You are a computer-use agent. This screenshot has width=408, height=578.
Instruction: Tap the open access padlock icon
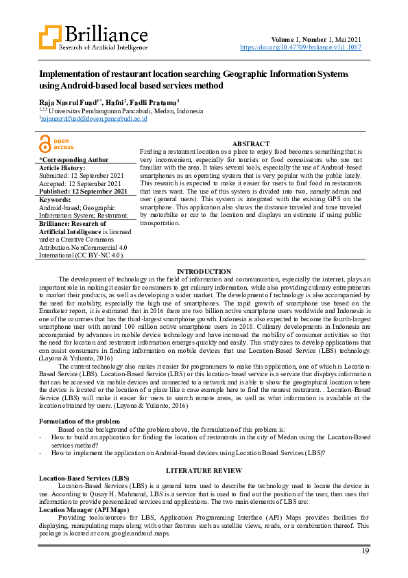click(45, 143)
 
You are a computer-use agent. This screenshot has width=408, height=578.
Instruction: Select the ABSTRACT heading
click(252, 143)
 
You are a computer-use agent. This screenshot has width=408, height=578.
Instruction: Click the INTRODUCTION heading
click(204, 272)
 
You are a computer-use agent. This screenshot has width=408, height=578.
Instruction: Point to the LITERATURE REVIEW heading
click(204, 470)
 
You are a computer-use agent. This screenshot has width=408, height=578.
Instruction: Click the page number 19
click(365, 551)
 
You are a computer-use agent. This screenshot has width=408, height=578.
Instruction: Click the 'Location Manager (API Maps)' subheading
click(84, 510)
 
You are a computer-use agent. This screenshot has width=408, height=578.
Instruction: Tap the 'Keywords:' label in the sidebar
click(55, 198)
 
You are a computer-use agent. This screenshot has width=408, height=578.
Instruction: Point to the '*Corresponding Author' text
click(74, 159)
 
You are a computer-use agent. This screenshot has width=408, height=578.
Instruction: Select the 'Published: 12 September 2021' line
click(83, 191)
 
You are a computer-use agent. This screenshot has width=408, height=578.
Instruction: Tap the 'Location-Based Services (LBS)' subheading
click(84, 477)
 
